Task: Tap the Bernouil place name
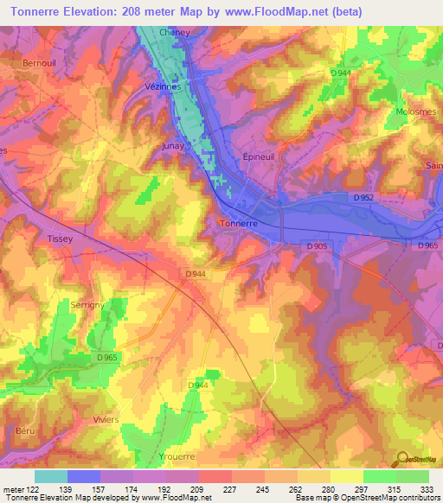pos(39,64)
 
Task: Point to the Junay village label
pos(174,146)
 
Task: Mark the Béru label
pos(26,430)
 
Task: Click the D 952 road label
pos(364,197)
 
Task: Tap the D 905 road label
pos(317,246)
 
